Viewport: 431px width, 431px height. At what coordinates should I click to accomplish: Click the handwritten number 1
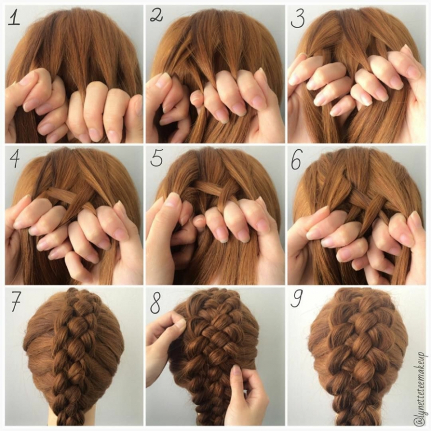click(13, 18)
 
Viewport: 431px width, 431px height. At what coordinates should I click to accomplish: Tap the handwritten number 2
click(157, 16)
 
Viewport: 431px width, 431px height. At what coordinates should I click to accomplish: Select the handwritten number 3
click(297, 19)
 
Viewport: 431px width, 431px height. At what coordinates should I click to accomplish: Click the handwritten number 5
click(157, 158)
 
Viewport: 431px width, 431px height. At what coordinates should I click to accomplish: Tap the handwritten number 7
click(16, 301)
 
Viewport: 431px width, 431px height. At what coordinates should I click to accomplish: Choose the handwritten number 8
click(155, 304)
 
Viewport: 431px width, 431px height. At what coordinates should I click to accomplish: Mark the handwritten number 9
click(296, 299)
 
